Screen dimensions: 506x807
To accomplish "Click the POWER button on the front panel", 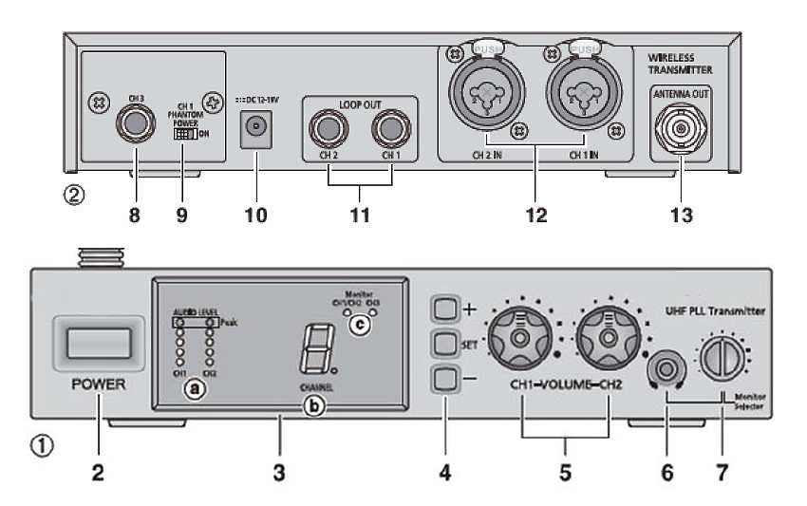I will click(96, 341).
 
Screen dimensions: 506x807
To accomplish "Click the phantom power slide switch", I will click(184, 135).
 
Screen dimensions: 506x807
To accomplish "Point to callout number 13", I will click(680, 215).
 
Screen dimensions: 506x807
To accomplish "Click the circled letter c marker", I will click(358, 324).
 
